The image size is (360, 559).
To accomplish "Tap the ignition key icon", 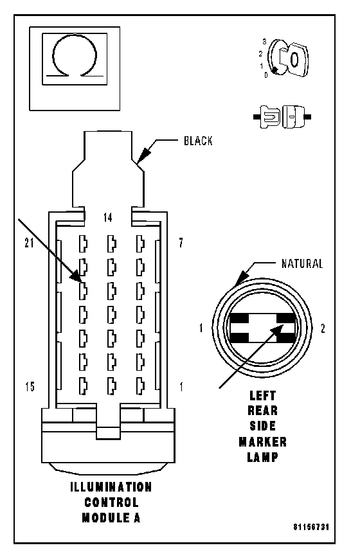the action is point(289,58).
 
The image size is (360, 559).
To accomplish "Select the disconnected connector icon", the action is point(282,116).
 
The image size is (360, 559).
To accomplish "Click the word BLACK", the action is point(198,141).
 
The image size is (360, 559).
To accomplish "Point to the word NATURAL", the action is point(302,264).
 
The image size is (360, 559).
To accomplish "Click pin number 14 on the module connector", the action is point(108,217).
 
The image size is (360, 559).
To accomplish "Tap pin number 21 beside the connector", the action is point(29,243).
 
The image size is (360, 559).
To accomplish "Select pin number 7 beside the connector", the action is point(181,243).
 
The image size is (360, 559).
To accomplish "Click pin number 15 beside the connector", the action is point(30,386).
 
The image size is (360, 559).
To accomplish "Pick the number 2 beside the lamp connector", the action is point(323,328).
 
